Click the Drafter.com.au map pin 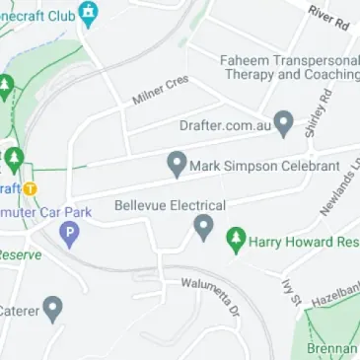point(284,123)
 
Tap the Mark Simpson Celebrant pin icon point(178,164)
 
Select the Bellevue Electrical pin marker point(203,228)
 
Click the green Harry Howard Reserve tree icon point(235,239)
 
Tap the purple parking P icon point(69,235)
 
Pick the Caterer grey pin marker point(53,310)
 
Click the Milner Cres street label point(160,90)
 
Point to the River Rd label point(328,15)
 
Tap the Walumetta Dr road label point(211,297)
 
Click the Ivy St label point(291,293)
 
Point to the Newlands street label point(341,187)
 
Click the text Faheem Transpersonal point(290,57)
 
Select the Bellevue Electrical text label point(170,205)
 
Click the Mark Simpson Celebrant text point(266,165)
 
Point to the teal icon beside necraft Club point(90,15)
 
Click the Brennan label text point(331,348)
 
